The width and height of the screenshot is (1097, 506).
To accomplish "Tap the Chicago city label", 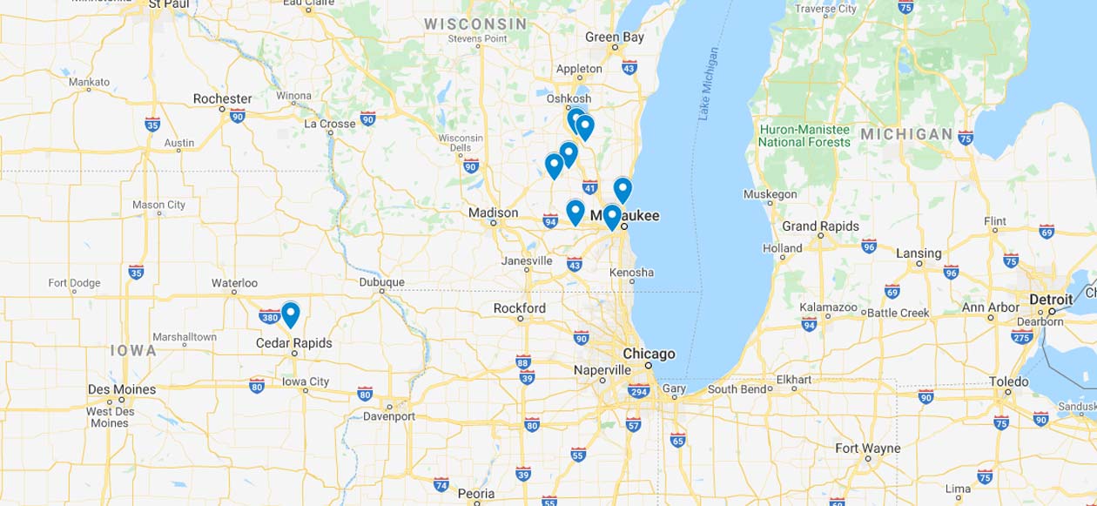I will [x=649, y=354].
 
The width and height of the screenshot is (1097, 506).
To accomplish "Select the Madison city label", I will [x=493, y=213].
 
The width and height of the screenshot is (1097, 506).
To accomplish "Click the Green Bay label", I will [x=615, y=37].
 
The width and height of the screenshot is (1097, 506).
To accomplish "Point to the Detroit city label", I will [x=1051, y=300].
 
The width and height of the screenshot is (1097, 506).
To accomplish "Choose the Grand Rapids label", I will [x=820, y=226].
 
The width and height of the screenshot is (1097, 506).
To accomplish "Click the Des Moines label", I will [x=122, y=389].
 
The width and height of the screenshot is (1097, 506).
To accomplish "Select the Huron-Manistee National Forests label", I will [x=804, y=136].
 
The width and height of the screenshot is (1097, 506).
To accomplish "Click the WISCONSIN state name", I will [x=475, y=24].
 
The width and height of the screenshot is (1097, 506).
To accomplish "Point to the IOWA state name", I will [x=133, y=350].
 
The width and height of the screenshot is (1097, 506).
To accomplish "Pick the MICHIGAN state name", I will [x=906, y=134].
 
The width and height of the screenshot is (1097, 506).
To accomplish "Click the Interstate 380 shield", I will [x=269, y=317].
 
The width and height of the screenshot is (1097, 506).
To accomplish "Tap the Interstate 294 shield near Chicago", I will [x=638, y=391].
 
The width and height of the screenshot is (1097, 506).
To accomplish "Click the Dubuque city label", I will [x=381, y=282].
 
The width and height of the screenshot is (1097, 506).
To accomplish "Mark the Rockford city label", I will [x=519, y=308].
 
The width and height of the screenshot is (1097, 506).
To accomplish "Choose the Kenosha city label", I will [x=631, y=273].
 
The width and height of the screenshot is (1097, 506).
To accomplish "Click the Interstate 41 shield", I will [x=589, y=187].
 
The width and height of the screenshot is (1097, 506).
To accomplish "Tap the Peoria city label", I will [x=476, y=494].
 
